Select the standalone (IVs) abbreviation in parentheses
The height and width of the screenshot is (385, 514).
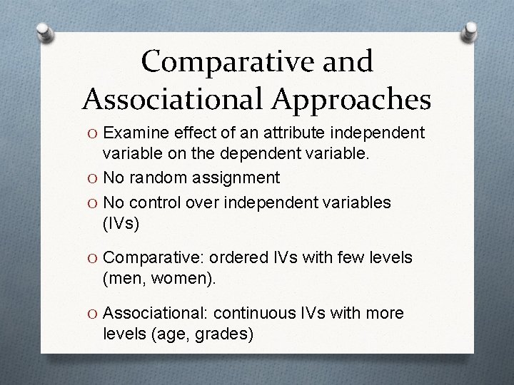(121, 224)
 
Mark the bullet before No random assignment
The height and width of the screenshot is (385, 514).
(94, 178)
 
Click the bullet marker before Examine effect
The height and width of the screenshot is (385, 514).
(94, 133)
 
